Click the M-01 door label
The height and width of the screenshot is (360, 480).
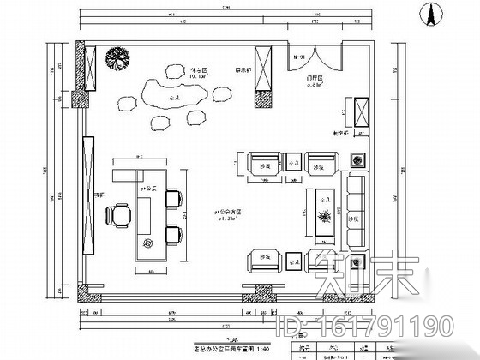(x=300, y=57)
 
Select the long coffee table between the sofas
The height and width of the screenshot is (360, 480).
(x=326, y=207)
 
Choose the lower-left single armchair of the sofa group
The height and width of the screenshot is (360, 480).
(x=261, y=258)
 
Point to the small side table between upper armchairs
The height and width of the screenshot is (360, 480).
(x=291, y=160)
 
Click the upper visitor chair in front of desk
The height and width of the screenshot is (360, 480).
(x=174, y=199)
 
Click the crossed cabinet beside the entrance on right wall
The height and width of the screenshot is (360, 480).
(x=362, y=114)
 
